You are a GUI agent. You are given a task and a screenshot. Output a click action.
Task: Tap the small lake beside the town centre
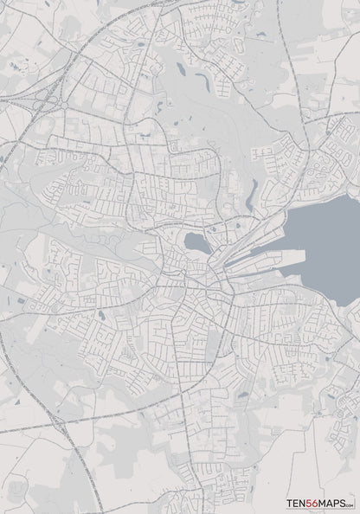click(x=196, y=243)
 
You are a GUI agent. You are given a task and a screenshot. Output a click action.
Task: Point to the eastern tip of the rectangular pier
click(x=305, y=253)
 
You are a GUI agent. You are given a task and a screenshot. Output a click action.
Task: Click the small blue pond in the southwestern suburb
click(x=101, y=317)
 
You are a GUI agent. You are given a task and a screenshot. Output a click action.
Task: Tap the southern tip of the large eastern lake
click(x=347, y=303)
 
